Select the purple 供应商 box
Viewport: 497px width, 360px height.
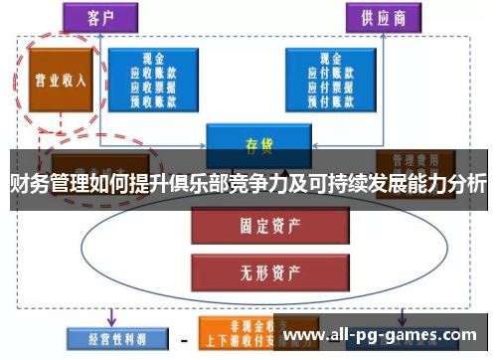pyautogui.click(x=382, y=18)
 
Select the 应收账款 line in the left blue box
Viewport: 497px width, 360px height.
pyautogui.click(x=157, y=72)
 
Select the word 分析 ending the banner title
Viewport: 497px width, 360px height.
pyautogui.click(x=466, y=184)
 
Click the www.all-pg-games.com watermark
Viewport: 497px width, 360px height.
pyautogui.click(x=383, y=335)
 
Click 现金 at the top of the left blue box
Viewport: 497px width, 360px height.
pyautogui.click(x=157, y=58)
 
